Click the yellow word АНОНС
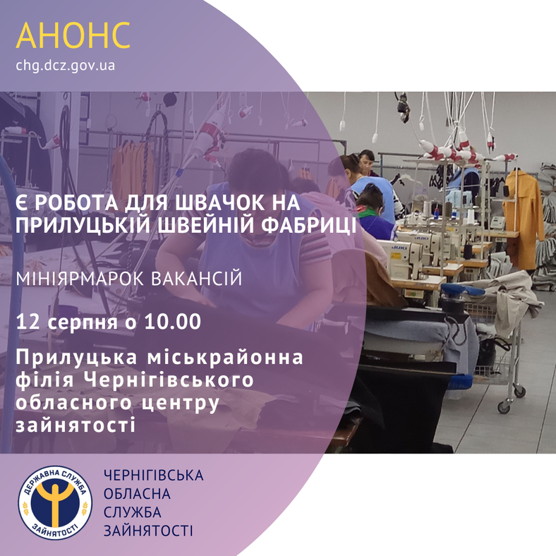point(73,35)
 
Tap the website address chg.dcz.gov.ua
point(65,66)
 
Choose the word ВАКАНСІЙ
point(197,279)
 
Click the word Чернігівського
point(169,380)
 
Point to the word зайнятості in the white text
point(75,425)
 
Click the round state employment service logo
point(55,502)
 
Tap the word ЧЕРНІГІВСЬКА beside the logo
point(154,476)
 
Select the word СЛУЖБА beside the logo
point(133,512)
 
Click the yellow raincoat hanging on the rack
point(524,220)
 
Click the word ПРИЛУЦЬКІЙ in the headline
point(83,226)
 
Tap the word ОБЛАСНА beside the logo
point(137,494)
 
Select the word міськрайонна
point(225,358)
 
